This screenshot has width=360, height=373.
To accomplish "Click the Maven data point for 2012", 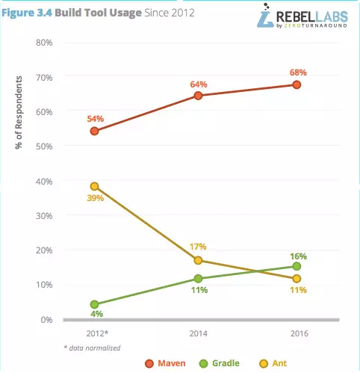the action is point(94,131).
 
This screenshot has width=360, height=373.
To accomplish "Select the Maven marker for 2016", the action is point(297,84).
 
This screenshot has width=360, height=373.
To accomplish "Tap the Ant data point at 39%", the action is point(94,186).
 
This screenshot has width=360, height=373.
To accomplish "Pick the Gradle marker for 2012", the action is point(94,304).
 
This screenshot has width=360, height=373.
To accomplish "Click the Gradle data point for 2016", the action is point(297,266).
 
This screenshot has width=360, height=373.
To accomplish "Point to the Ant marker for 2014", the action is point(198,261).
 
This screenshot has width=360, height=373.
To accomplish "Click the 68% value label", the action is point(298,73).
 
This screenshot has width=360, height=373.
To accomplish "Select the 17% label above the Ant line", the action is point(198,247).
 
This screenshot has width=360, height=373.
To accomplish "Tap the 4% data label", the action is point(96,314).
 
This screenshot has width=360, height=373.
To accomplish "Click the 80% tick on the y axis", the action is point(44,43).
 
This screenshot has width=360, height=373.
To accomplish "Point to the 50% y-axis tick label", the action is point(44,147).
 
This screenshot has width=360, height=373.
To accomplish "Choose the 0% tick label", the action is point(46,320).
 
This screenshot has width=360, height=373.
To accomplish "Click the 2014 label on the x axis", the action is point(198,333).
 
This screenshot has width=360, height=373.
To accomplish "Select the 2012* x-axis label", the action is point(97,333).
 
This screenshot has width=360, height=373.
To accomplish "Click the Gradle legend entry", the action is point(220,363).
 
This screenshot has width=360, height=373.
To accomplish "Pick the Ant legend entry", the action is point(273,363).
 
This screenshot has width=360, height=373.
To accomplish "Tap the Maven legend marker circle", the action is point(149,364).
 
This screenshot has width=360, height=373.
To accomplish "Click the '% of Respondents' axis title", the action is point(19,112).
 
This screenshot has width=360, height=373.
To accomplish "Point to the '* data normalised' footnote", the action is point(92,348).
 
